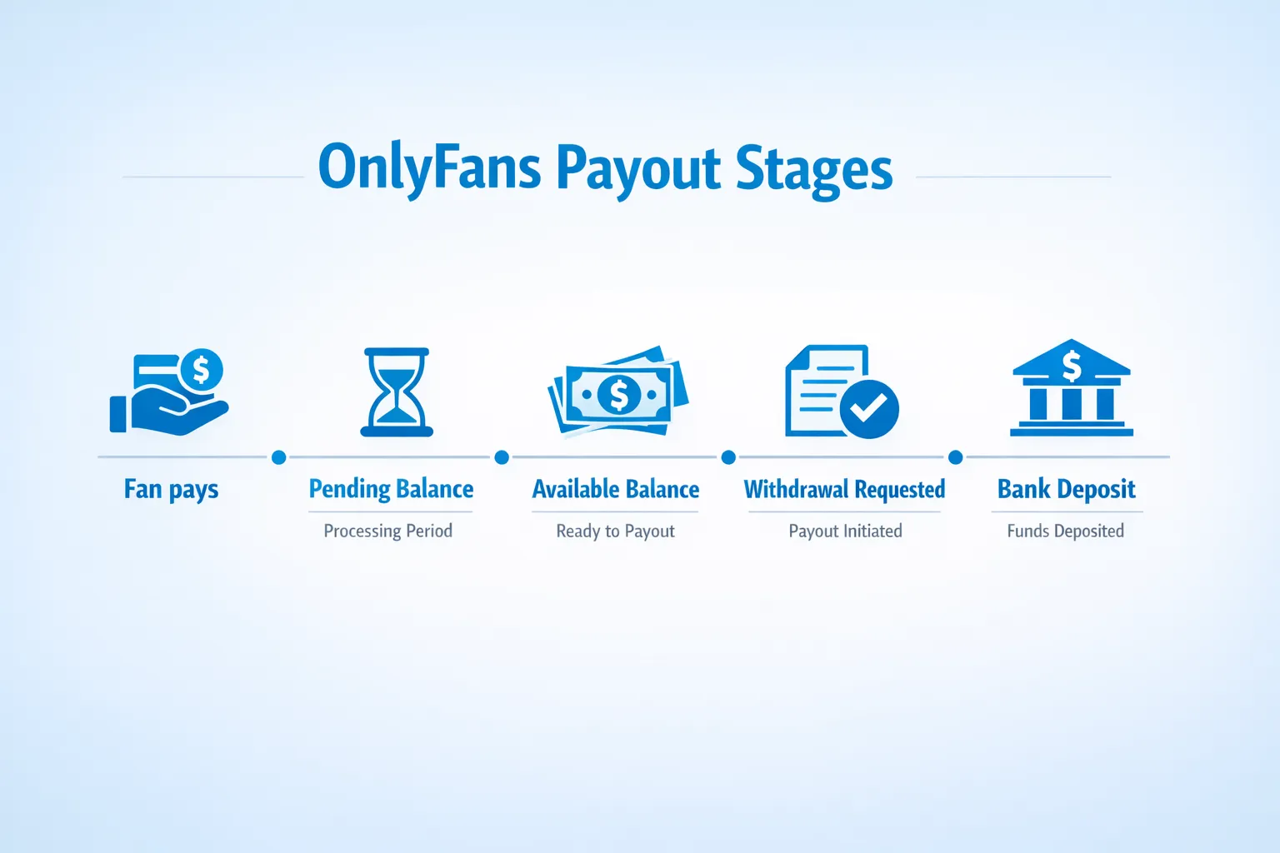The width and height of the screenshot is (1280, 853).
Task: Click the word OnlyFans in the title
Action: click(x=429, y=167)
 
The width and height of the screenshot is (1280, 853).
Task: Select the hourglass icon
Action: click(x=397, y=392)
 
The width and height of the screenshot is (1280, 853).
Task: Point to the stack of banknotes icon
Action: click(x=618, y=392)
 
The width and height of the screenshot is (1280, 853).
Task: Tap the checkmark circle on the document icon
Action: click(x=869, y=408)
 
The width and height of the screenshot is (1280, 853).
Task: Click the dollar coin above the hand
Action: click(x=201, y=368)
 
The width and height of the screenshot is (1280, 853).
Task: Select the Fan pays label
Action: click(x=171, y=489)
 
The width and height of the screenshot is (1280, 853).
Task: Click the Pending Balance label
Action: click(x=391, y=489)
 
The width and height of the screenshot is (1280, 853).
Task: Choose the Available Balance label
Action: click(x=616, y=489)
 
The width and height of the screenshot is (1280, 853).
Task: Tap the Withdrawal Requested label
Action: click(x=844, y=489)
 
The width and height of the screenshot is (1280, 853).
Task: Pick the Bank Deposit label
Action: click(x=1066, y=489)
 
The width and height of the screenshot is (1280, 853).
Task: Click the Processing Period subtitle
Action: click(x=387, y=531)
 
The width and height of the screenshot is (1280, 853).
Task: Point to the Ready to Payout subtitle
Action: click(x=616, y=531)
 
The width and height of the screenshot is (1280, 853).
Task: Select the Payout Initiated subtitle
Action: click(x=845, y=531)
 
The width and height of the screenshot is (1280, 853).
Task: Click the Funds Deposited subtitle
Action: click(x=1065, y=531)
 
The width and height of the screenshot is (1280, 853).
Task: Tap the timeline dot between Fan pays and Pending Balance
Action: click(x=279, y=457)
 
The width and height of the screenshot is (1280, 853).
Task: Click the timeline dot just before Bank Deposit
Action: click(x=956, y=457)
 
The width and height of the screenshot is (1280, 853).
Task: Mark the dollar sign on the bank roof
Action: click(x=1072, y=365)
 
